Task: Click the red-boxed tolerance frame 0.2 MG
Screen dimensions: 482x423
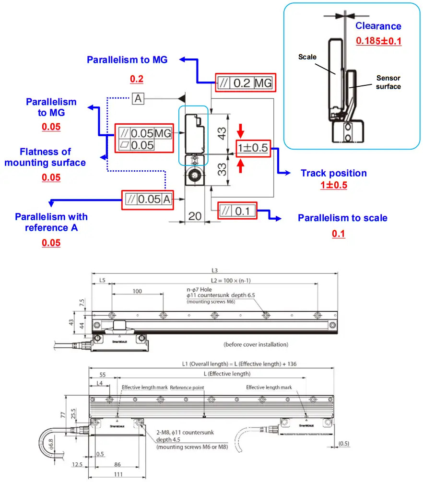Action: (245, 83)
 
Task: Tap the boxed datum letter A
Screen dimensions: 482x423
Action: (138, 99)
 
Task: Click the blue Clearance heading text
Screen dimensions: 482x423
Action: (378, 26)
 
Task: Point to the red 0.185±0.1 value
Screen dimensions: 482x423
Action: (378, 41)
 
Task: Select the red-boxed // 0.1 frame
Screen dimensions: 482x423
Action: (237, 210)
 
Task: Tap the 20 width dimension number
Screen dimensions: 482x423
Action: (195, 216)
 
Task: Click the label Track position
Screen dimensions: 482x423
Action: (333, 173)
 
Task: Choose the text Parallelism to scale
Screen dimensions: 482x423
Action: (342, 218)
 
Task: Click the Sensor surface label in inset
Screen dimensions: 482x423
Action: (388, 82)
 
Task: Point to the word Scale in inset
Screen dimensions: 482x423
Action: (307, 57)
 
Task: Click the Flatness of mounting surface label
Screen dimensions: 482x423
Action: (45, 157)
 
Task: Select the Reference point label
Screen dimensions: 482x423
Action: (187, 387)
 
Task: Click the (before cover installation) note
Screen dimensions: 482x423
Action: (256, 344)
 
